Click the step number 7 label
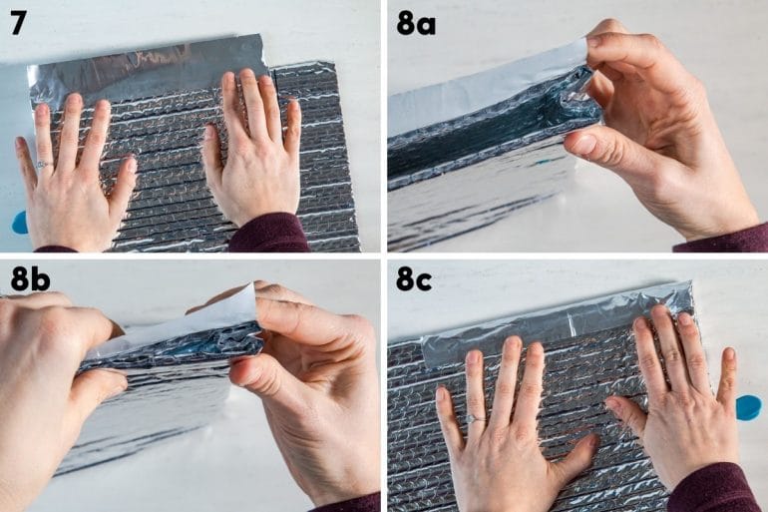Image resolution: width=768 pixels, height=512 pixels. tap(18, 24)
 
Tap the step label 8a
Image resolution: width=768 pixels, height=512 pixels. tap(416, 25)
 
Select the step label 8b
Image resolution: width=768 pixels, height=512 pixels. tap(30, 279)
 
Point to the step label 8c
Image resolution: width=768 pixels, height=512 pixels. tap(414, 279)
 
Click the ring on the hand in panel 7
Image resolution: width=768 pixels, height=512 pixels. tap(42, 164)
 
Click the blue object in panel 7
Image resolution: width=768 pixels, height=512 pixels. tap(19, 224)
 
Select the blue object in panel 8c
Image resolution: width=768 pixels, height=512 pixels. tap(749, 407)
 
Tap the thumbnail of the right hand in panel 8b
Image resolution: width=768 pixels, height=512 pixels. tap(243, 375)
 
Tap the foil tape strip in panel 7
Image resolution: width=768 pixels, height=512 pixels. tap(147, 74)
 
